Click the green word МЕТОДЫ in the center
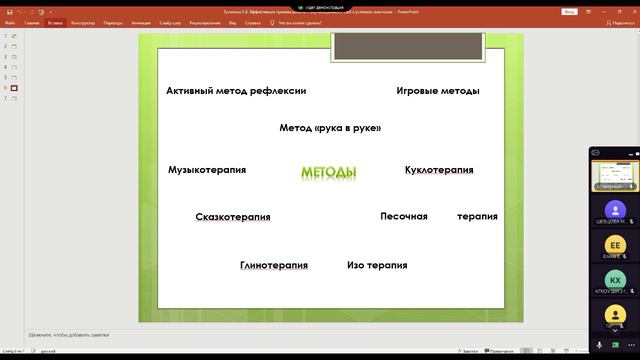pyautogui.click(x=328, y=173)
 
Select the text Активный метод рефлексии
pyautogui.click(x=236, y=91)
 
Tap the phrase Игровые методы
pyautogui.click(x=437, y=91)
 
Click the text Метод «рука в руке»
pyautogui.click(x=330, y=128)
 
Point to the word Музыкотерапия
pyautogui.click(x=207, y=170)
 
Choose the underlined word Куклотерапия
pyautogui.click(x=439, y=170)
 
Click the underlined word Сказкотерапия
pyautogui.click(x=233, y=216)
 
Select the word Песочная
pyautogui.click(x=404, y=216)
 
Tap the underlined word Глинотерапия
pyautogui.click(x=273, y=265)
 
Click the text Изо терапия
pyautogui.click(x=377, y=265)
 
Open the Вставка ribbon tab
pyautogui.click(x=54, y=21)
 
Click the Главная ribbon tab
pyautogui.click(x=32, y=21)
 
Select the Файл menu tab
pyautogui.click(x=10, y=21)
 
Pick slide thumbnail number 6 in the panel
pyautogui.click(x=15, y=88)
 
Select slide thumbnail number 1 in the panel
pyautogui.click(x=15, y=36)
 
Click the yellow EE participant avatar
pyautogui.click(x=616, y=245)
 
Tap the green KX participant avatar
pyautogui.click(x=616, y=281)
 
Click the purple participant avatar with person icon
pyautogui.click(x=616, y=209)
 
